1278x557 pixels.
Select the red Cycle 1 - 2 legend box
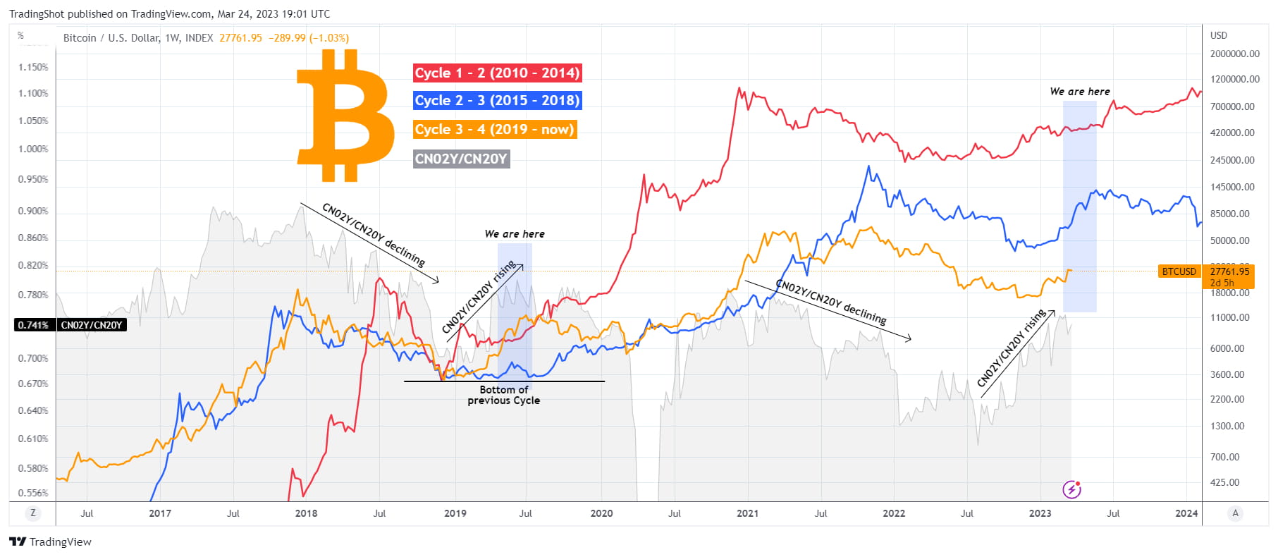pyautogui.click(x=497, y=73)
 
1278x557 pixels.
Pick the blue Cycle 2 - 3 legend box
pyautogui.click(x=497, y=100)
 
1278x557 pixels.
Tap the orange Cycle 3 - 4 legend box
pyautogui.click(x=494, y=129)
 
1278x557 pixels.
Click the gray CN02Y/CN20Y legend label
pyautogui.click(x=461, y=159)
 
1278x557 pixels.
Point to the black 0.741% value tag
pyautogui.click(x=33, y=325)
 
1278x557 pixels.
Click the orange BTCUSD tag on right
pyautogui.click(x=1179, y=271)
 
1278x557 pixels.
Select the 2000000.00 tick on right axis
pyautogui.click(x=1234, y=54)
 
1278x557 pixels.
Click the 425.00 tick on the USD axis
pyautogui.click(x=1224, y=482)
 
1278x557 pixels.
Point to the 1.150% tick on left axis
pyautogui.click(x=33, y=67)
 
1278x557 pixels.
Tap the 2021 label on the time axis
pyautogui.click(x=747, y=513)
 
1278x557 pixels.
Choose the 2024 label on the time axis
pyautogui.click(x=1186, y=513)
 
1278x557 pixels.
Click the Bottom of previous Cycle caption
pyautogui.click(x=503, y=395)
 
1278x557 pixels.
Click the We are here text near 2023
pyautogui.click(x=1079, y=92)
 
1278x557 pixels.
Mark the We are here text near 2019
pyautogui.click(x=515, y=234)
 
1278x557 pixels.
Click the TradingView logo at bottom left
pyautogui.click(x=50, y=541)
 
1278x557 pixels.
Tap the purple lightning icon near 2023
pyautogui.click(x=1071, y=489)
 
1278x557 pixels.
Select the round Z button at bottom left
pyautogui.click(x=32, y=513)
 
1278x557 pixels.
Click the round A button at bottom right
pyautogui.click(x=1235, y=513)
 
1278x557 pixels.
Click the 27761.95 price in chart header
pyautogui.click(x=240, y=38)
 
